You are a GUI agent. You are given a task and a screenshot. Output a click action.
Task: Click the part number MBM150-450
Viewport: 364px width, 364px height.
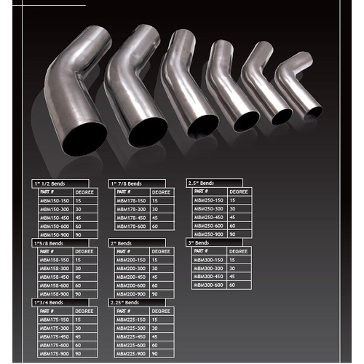tap(55, 217)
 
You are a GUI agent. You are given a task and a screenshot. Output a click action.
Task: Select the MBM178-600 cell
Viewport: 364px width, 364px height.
tap(132, 226)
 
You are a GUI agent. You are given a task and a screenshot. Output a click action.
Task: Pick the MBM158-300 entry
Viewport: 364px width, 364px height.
tap(55, 268)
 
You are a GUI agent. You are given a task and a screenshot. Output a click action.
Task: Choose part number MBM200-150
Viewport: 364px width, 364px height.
tap(132, 260)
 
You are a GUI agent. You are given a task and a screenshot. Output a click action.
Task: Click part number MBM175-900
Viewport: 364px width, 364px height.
tap(55, 354)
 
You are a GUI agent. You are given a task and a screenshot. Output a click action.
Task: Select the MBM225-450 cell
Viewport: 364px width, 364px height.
tap(132, 336)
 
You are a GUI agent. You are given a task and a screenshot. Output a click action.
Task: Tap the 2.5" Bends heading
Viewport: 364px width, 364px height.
tap(201, 183)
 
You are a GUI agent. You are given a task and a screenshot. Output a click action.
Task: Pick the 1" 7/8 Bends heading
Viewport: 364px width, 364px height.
tap(128, 183)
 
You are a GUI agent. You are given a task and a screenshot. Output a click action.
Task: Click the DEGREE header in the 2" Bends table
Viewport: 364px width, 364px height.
tap(162, 251)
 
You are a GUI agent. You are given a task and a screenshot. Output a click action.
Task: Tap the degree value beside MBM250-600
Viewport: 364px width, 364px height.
tap(234, 226)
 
